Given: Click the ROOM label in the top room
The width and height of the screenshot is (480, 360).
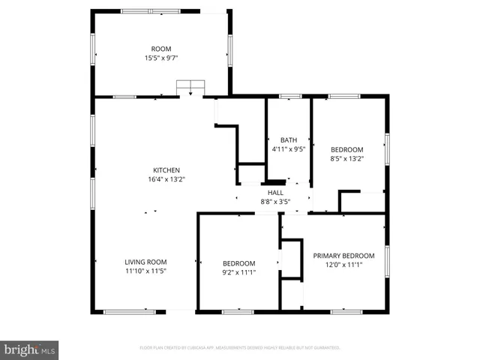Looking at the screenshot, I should [161, 48].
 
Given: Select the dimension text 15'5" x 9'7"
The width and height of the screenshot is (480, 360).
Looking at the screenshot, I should [161, 58].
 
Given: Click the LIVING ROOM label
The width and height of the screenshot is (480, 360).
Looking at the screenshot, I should [145, 262].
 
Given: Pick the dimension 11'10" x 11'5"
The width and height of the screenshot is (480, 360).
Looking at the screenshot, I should [145, 271].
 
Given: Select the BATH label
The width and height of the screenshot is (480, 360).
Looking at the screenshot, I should [289, 139].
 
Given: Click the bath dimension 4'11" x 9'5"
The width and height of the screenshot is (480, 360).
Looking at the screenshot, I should [289, 148].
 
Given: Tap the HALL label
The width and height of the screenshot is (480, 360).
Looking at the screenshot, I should [275, 192].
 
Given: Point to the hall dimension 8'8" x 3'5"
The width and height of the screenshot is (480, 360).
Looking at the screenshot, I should [275, 201].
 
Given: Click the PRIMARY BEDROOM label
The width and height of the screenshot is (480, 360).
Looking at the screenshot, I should [343, 256].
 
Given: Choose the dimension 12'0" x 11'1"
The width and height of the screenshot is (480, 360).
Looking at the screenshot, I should [343, 265].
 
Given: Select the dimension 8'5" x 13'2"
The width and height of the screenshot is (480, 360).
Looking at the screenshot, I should [346, 158].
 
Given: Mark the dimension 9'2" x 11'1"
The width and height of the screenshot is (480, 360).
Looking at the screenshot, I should [238, 272].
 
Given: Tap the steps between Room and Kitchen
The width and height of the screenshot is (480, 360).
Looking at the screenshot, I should [190, 88].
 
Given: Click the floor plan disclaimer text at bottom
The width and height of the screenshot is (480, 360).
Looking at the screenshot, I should [240, 348].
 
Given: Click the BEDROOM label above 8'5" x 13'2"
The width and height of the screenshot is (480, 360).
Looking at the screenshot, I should [346, 149].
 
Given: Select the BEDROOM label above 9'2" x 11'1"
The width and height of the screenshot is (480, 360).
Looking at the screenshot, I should [238, 263].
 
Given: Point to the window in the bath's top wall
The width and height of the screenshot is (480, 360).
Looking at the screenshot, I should [289, 96].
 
